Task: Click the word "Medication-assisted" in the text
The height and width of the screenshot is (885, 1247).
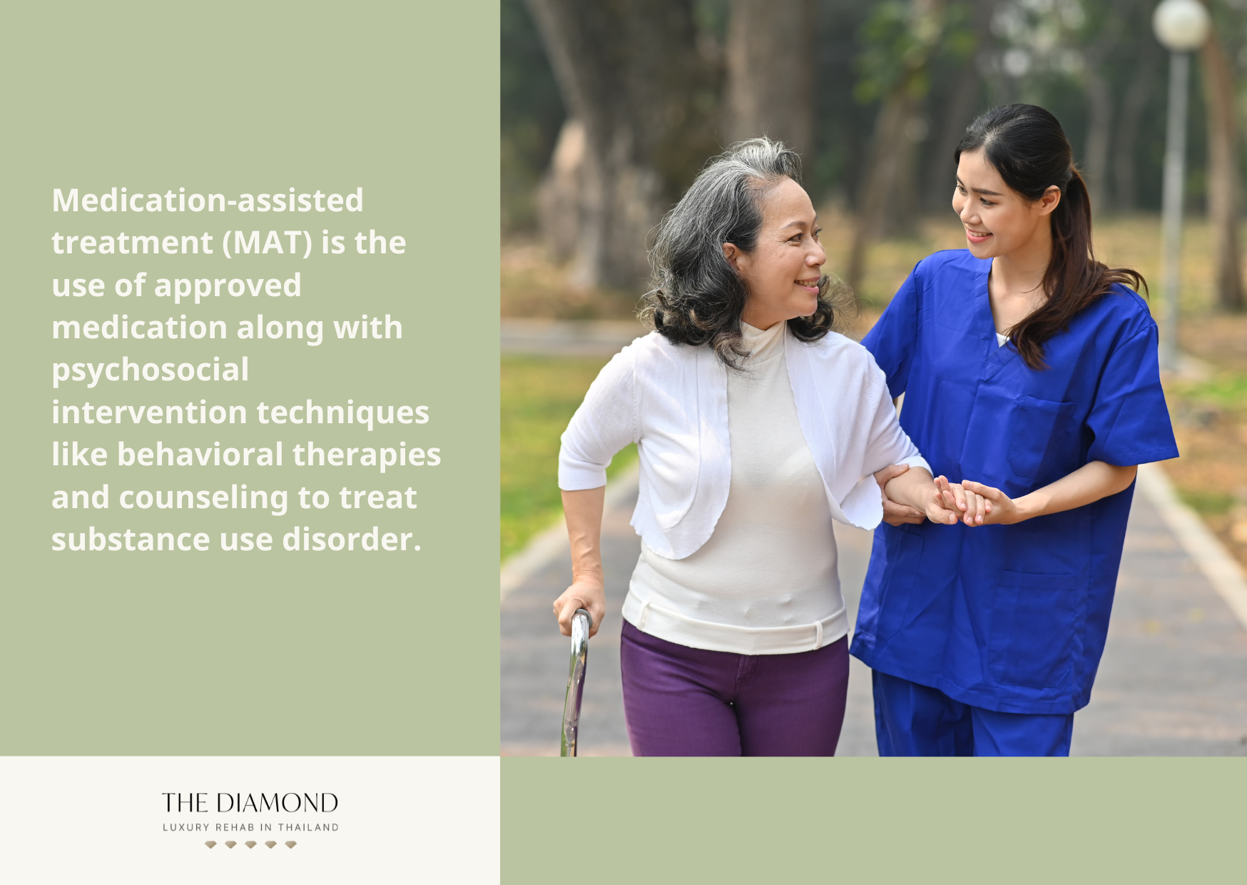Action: coord(208,201)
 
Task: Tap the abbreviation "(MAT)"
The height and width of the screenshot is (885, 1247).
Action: coord(268,243)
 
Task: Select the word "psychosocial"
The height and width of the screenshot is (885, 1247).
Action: coord(151,370)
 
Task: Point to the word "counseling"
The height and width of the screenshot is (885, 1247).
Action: coord(203,497)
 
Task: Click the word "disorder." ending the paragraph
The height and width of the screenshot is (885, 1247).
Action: coord(352,540)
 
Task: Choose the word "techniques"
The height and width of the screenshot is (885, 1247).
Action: coord(342,413)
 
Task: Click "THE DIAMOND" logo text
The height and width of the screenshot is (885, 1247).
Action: coord(250,803)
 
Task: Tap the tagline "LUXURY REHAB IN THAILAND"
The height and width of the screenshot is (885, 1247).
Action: coord(250,827)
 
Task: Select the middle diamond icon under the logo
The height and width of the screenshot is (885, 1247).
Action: coord(250,844)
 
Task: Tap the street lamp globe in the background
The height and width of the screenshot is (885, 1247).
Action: coord(1181,24)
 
